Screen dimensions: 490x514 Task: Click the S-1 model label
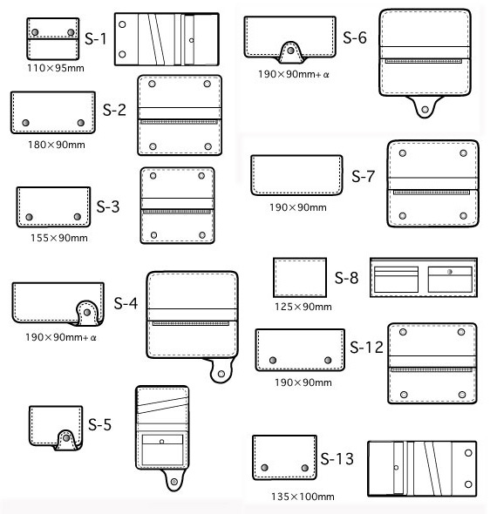[x=95, y=38]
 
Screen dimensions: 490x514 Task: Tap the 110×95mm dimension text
[x=56, y=68]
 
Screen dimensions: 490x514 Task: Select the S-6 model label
[x=355, y=37]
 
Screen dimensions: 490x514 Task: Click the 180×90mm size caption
[x=57, y=145]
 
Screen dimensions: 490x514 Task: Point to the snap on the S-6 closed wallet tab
[x=290, y=51]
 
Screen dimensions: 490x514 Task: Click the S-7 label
[x=363, y=176]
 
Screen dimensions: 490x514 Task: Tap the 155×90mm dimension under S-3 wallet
[x=59, y=238]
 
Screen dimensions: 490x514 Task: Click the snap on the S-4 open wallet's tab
[x=221, y=374]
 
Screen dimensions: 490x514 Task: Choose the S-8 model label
[x=346, y=278]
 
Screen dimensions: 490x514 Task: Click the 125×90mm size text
[x=303, y=307]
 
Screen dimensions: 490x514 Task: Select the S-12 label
[x=366, y=348]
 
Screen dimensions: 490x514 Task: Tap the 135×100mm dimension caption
[x=303, y=497]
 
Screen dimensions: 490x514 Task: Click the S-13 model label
[x=337, y=458]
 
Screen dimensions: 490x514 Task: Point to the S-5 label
[x=99, y=424]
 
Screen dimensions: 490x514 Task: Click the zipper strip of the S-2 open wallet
[x=179, y=122]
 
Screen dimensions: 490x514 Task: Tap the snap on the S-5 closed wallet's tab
[x=66, y=438]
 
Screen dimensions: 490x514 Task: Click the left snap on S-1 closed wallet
[x=35, y=32]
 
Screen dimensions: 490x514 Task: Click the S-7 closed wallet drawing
[x=296, y=175]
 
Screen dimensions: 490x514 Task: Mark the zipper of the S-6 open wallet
[x=424, y=61]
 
